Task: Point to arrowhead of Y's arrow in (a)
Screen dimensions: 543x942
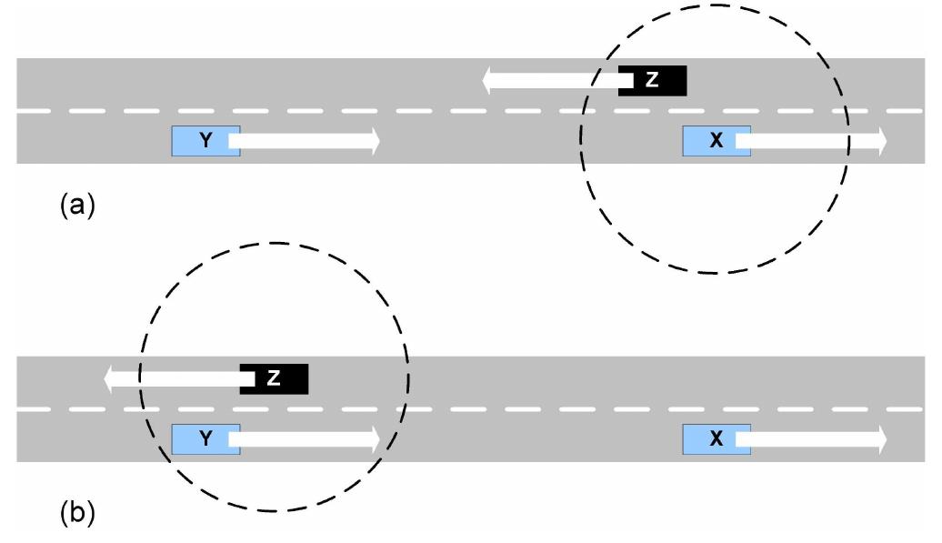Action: point(372,140)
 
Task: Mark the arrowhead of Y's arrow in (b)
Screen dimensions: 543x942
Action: point(372,438)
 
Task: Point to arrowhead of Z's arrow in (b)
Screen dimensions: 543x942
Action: point(111,378)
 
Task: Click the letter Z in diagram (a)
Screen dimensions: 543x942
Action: point(651,81)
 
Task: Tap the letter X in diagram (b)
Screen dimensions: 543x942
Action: point(716,439)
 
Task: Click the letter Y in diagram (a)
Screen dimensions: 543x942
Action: point(205,141)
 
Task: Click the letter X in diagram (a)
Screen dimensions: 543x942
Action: point(716,141)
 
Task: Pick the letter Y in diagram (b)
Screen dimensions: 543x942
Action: point(205,439)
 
